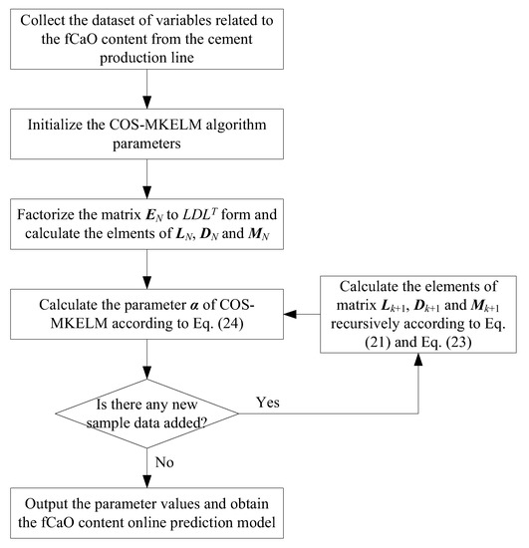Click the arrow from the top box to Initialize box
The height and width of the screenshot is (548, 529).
click(x=146, y=93)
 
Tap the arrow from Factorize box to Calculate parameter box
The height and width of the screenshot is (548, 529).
click(x=146, y=267)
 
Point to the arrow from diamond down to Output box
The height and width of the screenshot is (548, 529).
click(x=146, y=462)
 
